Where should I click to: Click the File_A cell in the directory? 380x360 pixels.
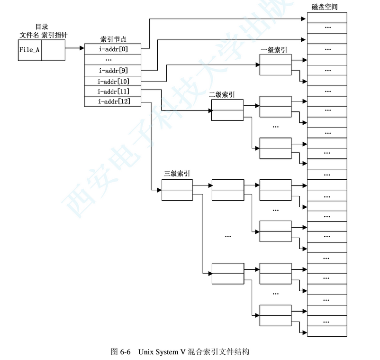click(29, 50)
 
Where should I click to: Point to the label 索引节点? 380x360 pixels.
click(113, 39)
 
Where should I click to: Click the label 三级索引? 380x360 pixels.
click(177, 174)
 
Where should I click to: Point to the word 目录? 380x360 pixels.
click(42, 27)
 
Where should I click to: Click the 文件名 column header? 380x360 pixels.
click(29, 35)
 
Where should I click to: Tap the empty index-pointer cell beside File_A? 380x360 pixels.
click(52, 50)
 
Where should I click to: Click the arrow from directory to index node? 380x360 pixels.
click(74, 48)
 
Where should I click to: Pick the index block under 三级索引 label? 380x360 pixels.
click(177, 190)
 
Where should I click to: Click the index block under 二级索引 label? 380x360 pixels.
click(227, 111)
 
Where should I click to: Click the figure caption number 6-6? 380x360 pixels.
click(126, 352)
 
